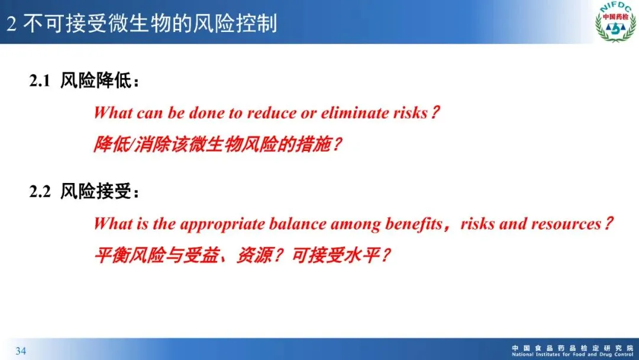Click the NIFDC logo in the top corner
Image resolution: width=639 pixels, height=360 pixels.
[x=615, y=21]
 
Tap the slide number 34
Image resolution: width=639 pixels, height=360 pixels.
[x=21, y=351]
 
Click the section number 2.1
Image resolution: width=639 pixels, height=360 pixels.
[x=40, y=81]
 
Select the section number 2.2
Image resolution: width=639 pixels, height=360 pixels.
[x=40, y=191]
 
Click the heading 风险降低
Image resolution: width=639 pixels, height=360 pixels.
[x=96, y=81]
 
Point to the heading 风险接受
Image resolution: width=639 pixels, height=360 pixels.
[x=96, y=191]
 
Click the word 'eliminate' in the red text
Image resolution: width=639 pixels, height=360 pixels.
[x=354, y=113]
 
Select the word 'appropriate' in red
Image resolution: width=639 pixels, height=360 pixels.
[x=222, y=224]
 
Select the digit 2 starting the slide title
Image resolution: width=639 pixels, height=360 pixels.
[x=11, y=24]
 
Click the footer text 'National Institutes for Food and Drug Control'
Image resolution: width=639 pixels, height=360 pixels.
[x=573, y=355]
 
